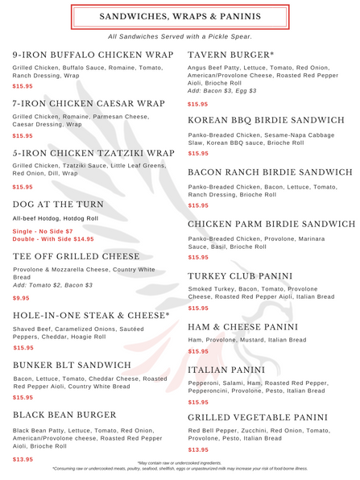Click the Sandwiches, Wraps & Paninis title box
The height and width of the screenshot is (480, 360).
[x=180, y=16]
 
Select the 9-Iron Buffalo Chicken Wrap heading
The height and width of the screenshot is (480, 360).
[x=93, y=55]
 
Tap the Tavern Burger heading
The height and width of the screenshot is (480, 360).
[x=230, y=55]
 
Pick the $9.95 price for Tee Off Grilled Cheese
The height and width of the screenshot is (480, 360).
[x=22, y=297]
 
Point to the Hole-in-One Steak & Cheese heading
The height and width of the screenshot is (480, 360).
[x=91, y=316]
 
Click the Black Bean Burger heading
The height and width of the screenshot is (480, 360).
[x=64, y=415]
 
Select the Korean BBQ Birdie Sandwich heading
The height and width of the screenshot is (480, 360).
[x=266, y=121]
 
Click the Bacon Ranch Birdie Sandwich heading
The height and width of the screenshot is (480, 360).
[x=269, y=172]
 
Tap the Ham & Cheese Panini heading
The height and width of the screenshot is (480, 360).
[x=242, y=327]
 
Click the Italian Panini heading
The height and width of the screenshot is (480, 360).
[x=226, y=370]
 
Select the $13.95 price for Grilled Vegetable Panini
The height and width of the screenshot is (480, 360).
[x=197, y=449]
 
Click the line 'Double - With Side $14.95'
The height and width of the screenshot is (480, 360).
[x=53, y=239]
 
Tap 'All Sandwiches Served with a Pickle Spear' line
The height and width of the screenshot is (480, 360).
[x=180, y=36]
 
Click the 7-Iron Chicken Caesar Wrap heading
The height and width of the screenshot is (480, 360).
[x=89, y=104]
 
